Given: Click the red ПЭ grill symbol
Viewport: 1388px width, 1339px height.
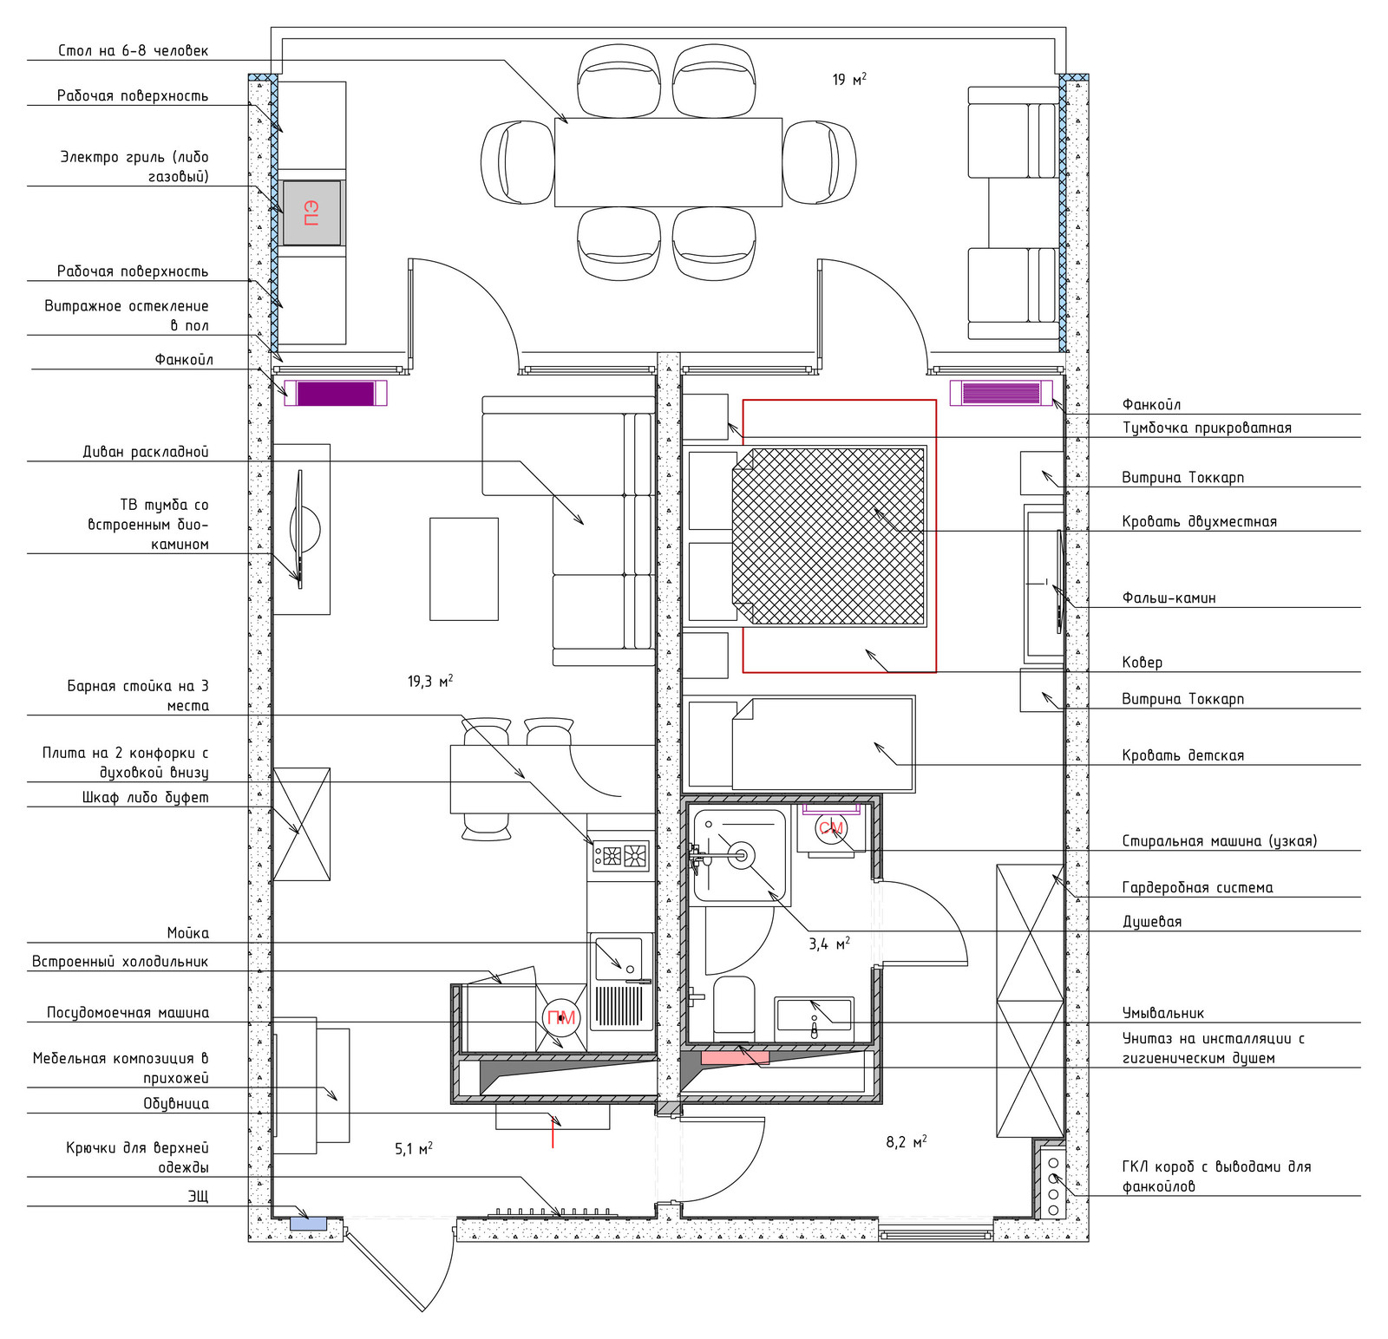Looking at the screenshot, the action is point(311,212).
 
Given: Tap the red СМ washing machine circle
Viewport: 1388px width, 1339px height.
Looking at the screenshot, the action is point(830,828).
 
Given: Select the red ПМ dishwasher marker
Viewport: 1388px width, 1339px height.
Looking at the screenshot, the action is point(561,1018).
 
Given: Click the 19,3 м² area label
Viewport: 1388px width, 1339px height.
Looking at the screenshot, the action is point(430,681).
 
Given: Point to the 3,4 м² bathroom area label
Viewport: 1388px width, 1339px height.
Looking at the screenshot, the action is point(829,943).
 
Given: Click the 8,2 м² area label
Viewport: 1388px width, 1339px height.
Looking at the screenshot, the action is point(907,1141).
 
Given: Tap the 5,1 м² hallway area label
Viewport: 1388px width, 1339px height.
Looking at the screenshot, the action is point(414,1148).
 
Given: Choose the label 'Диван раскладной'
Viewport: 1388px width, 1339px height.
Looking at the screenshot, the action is point(146,451).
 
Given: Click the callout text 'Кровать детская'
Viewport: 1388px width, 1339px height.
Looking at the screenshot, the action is point(1183,755).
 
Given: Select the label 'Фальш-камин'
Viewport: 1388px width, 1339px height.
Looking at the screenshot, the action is point(1169,598).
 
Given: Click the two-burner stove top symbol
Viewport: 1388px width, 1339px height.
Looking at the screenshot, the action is point(621,856).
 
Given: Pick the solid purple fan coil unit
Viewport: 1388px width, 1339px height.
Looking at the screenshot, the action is point(336,393).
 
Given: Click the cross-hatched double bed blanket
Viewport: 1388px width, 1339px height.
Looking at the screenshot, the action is point(828,535).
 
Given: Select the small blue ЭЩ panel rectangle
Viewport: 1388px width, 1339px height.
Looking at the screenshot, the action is point(308,1224).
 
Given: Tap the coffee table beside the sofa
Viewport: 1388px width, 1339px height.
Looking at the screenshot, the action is point(464,569).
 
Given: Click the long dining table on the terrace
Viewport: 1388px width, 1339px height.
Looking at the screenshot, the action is point(668,162).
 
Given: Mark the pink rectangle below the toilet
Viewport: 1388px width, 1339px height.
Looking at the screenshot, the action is point(735,1057).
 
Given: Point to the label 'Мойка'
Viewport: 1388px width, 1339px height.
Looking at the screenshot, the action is point(188,932).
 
